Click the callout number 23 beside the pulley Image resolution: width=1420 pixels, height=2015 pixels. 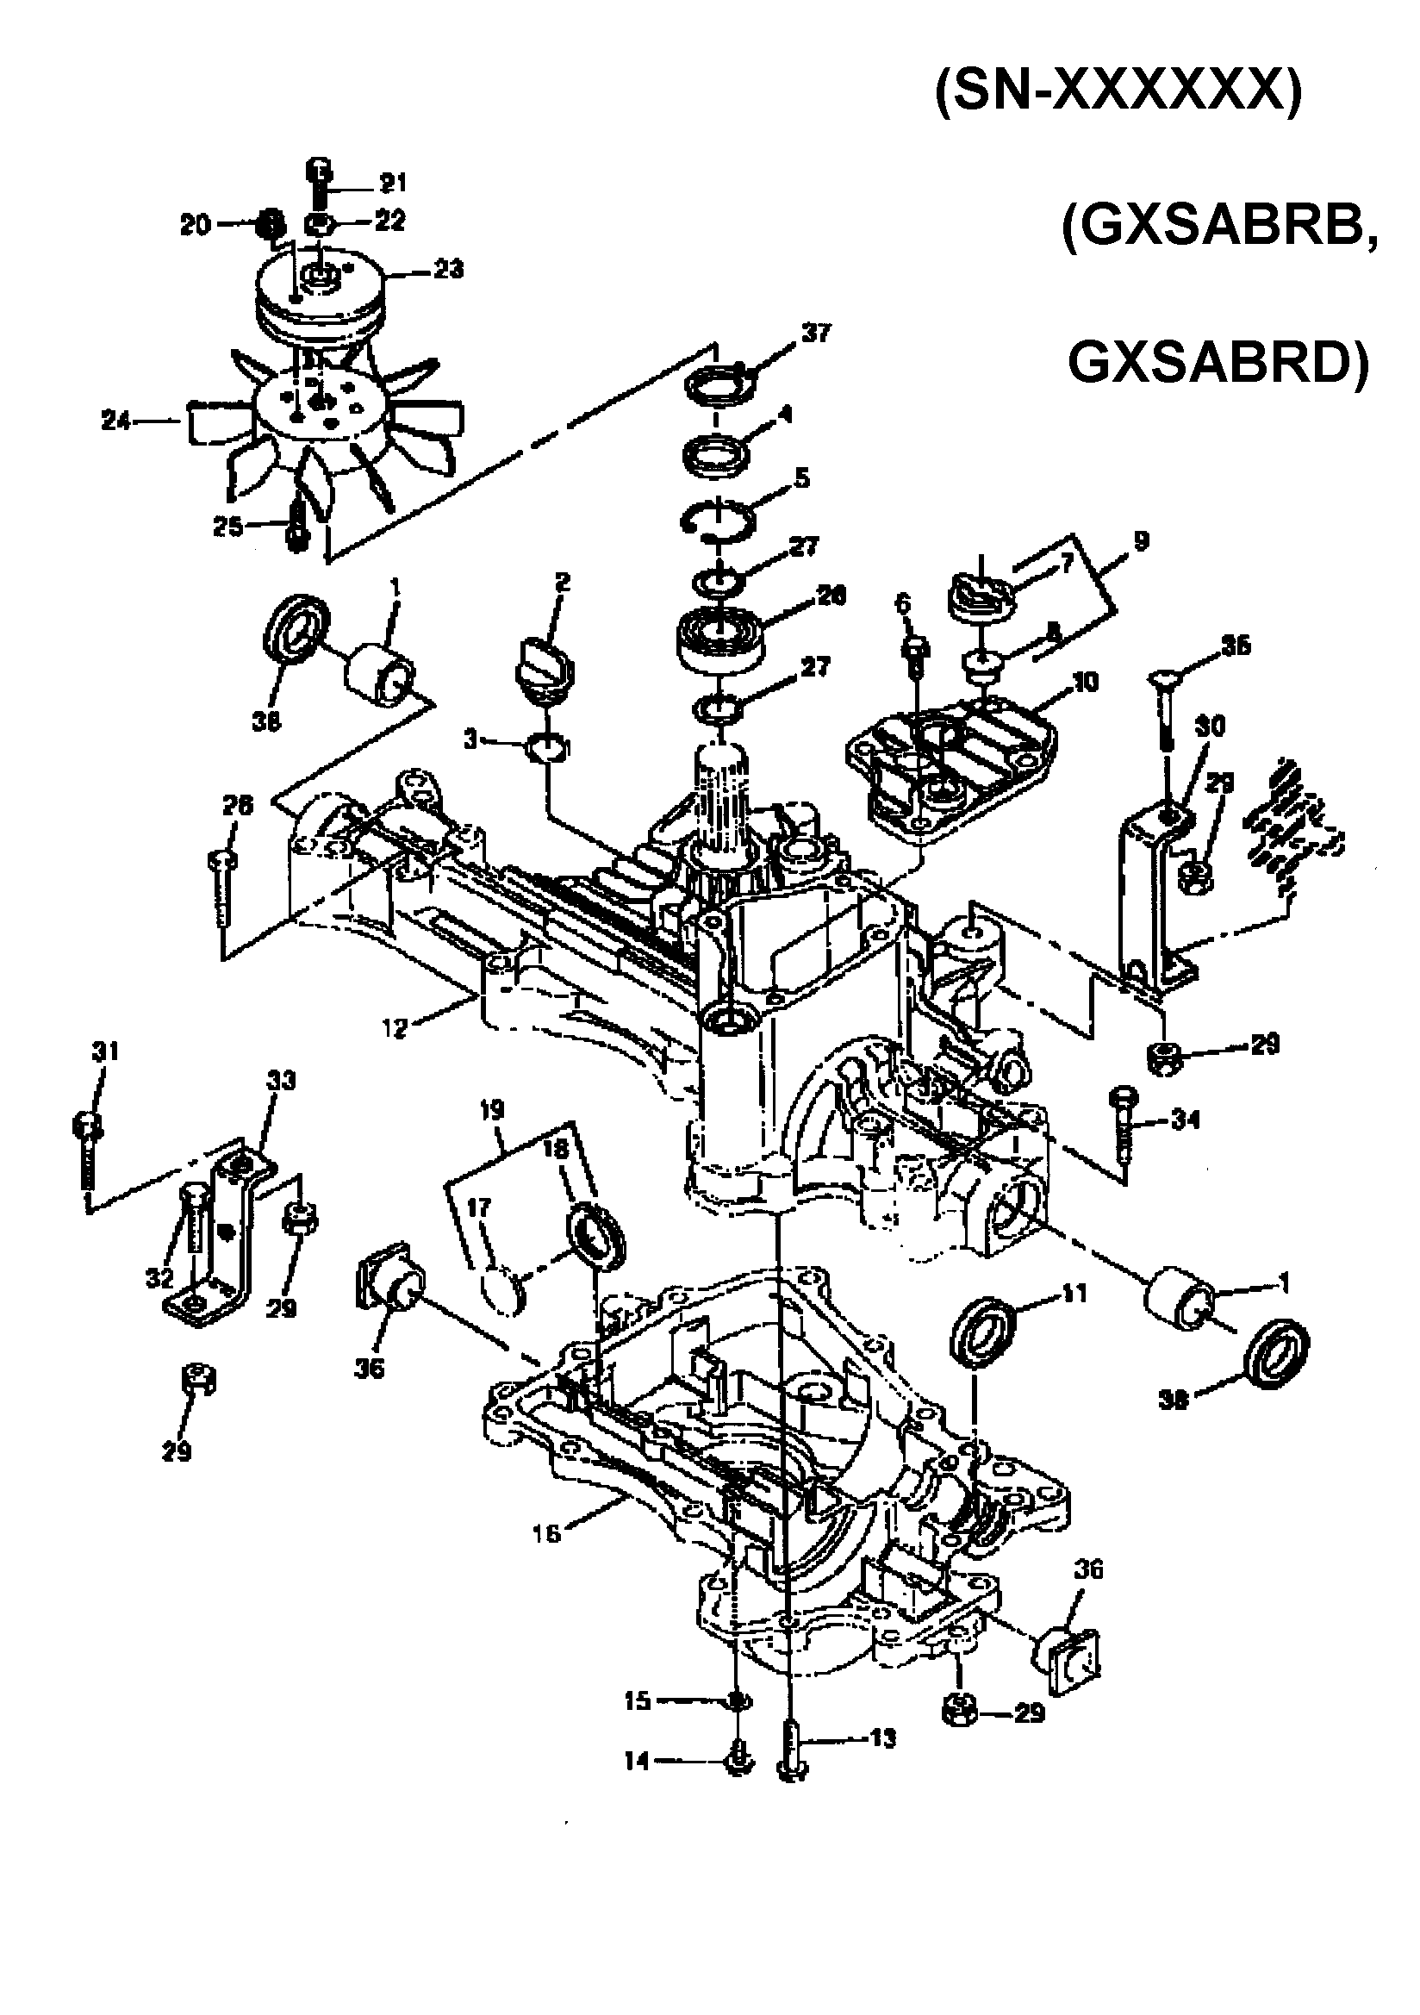(x=448, y=269)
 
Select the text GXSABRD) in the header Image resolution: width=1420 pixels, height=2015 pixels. (x=1218, y=362)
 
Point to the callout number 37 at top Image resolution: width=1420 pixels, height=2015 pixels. (x=815, y=334)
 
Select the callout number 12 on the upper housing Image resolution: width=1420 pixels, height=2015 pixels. (x=395, y=1027)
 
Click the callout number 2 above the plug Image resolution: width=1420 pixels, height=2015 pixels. (x=562, y=582)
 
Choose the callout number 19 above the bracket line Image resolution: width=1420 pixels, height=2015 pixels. (x=492, y=1110)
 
